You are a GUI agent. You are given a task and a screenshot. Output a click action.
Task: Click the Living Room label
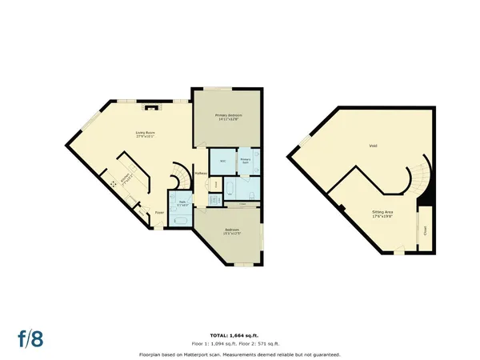[144, 135]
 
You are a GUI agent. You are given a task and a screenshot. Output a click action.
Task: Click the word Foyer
[160, 212]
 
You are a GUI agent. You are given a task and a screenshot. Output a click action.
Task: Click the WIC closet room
[222, 161]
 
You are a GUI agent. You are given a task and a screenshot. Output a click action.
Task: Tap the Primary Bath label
[246, 161]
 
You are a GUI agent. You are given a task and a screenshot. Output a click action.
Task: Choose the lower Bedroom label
[232, 232]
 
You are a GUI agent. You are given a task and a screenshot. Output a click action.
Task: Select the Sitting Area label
[382, 214]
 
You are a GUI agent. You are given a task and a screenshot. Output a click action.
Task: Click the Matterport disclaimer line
[240, 353]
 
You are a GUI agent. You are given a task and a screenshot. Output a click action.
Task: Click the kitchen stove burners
[114, 182]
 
